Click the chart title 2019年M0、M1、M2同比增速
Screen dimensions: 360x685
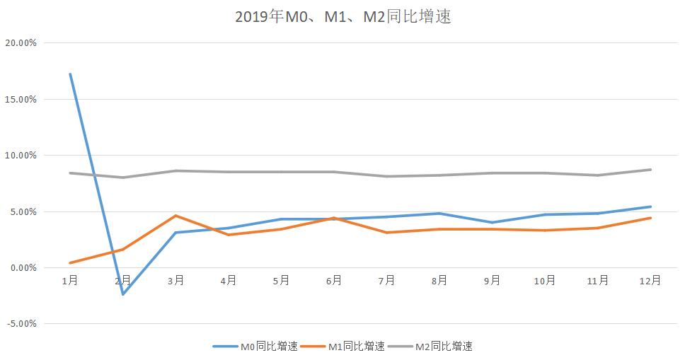[x=342, y=16]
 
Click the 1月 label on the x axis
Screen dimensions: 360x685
[x=70, y=281]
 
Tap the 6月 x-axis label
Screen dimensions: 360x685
[x=334, y=281]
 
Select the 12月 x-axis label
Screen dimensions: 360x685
[x=650, y=281]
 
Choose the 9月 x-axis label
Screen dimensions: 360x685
[x=492, y=281]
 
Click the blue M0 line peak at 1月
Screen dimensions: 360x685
[x=70, y=74]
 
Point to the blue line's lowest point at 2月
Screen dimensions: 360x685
[x=123, y=294]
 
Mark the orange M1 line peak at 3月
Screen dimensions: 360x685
[x=175, y=216]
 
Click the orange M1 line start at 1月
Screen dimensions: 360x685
[x=70, y=263]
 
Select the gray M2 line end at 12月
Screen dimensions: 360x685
[x=650, y=170]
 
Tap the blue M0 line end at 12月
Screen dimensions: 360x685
[x=650, y=207]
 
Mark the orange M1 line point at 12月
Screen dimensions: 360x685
[x=650, y=218]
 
